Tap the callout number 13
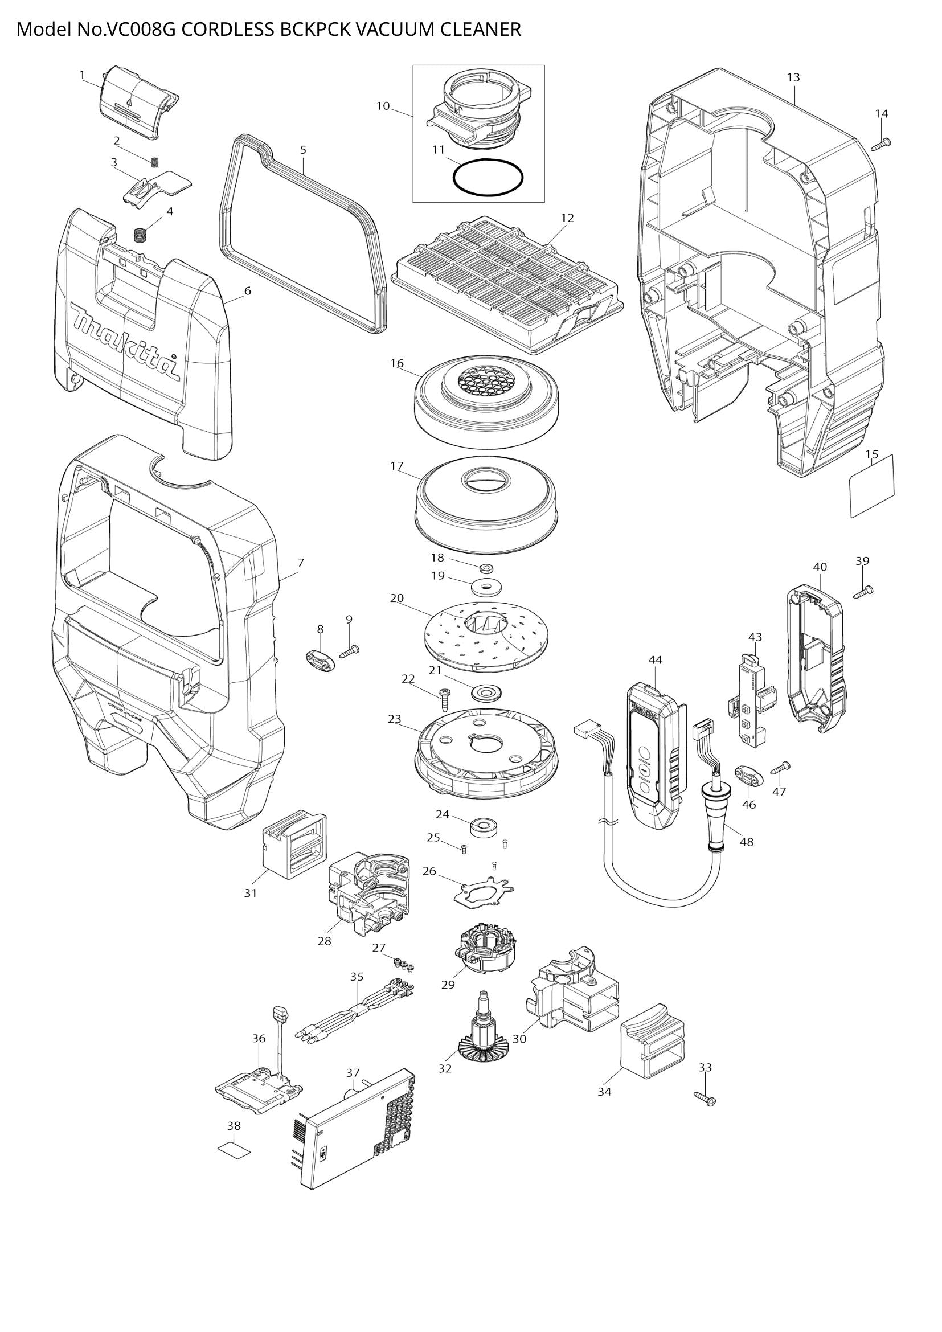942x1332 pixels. click(793, 77)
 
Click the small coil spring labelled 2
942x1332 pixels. click(155, 162)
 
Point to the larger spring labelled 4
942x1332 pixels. click(140, 236)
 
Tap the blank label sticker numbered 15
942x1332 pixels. click(872, 486)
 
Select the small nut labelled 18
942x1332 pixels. click(488, 566)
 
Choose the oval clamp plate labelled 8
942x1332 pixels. click(320, 660)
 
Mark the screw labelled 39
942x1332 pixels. click(864, 592)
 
